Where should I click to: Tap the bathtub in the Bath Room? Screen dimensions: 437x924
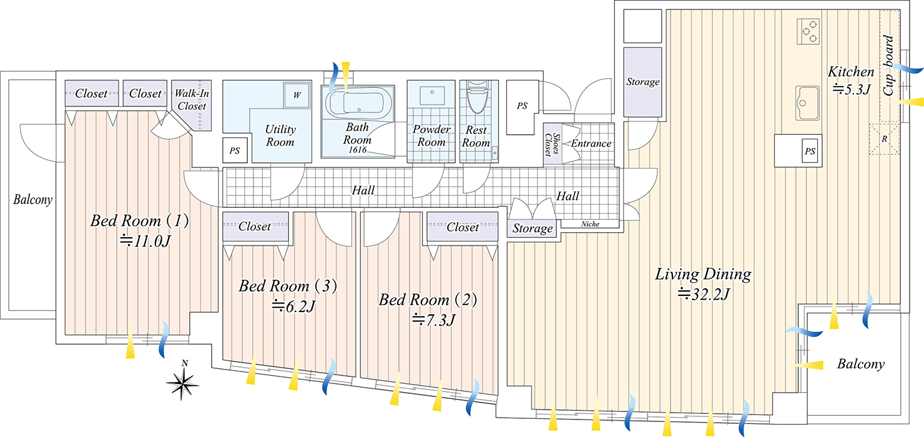point(359,103)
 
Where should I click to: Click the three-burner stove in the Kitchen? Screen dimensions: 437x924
point(808,31)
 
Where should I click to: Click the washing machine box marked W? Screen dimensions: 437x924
point(297,96)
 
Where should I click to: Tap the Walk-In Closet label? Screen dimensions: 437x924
point(192,100)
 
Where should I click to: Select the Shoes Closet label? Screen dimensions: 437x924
point(551,145)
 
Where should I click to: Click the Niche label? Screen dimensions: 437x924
point(590,223)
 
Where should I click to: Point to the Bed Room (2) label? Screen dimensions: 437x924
point(428,300)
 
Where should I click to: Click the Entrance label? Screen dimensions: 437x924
point(591,144)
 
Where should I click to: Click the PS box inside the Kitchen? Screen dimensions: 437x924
point(810,151)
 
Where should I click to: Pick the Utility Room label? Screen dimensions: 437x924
point(280,135)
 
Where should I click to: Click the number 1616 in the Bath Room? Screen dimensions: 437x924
point(358,150)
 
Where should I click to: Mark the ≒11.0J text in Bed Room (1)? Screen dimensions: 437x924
point(145,240)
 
